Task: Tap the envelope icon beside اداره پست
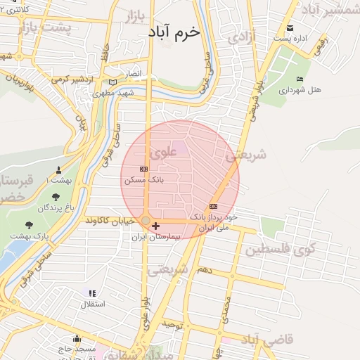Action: click(290, 29)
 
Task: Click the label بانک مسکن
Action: click(143, 180)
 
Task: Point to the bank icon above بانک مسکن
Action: click(144, 169)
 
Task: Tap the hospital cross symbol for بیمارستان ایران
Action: click(155, 226)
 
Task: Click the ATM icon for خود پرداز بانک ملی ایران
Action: click(213, 206)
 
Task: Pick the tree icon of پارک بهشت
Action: click(29, 225)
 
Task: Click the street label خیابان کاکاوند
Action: click(109, 221)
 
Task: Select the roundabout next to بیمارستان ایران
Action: click(146, 221)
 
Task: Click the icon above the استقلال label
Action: click(92, 292)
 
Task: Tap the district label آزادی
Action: click(239, 35)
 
